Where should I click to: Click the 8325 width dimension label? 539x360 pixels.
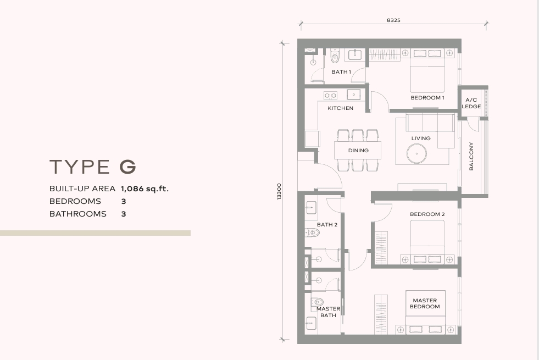[x=393, y=20]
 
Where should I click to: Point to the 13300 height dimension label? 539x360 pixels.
[x=279, y=191]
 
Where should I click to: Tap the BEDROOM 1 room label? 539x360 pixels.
[x=427, y=98]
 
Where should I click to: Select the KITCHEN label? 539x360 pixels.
[x=340, y=108]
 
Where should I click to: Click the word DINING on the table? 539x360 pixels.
[x=358, y=150]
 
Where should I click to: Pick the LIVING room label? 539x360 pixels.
[x=421, y=138]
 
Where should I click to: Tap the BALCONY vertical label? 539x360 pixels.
[x=471, y=156]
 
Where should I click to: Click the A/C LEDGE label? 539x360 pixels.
[x=471, y=103]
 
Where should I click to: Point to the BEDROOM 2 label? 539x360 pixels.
[x=427, y=214]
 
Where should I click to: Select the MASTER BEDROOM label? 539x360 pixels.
[x=425, y=303]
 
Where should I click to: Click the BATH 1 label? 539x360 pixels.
[x=341, y=72]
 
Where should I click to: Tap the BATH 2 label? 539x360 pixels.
[x=327, y=225]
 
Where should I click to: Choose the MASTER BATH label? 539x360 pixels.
[x=328, y=312]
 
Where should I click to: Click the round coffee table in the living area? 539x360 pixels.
[x=416, y=154]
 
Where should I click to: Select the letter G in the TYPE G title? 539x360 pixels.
[x=128, y=167]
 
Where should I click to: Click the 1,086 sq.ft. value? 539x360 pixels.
[x=145, y=189]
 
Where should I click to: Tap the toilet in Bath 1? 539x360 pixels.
[x=335, y=56]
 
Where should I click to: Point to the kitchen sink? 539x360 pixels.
[x=353, y=95]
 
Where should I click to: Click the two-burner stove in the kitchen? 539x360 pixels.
[x=330, y=95]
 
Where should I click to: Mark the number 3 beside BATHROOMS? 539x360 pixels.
[x=124, y=214]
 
